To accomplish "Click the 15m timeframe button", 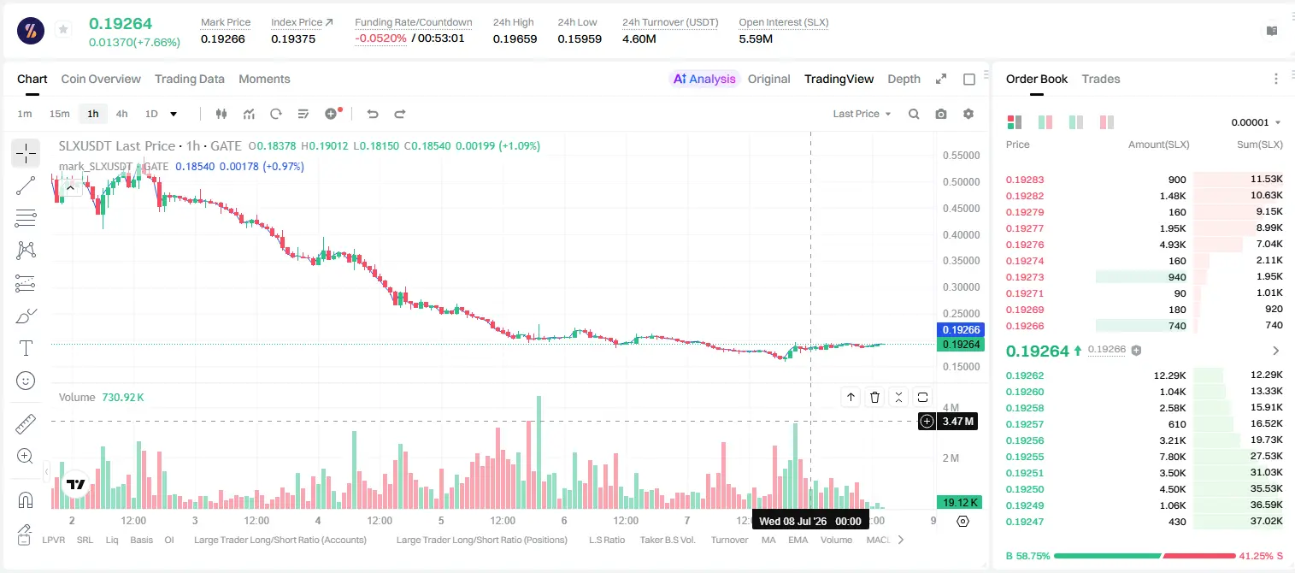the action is tap(60, 114).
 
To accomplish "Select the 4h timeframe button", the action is tap(121, 114).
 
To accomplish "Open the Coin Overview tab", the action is tap(101, 79).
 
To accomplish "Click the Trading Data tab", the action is tap(190, 79).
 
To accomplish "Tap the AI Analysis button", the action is tap(704, 79).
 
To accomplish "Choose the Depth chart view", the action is tap(904, 79).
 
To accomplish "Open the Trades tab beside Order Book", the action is tap(1101, 79).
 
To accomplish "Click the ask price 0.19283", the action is tap(1024, 180).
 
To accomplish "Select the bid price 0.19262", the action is tap(1024, 375).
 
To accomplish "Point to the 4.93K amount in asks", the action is tap(1173, 245).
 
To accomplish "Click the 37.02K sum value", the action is tap(1266, 521).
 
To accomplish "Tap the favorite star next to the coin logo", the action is tap(63, 29).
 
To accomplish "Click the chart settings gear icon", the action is tap(968, 114).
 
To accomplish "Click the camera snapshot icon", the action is tap(941, 114).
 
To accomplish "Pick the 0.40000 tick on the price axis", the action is tap(962, 234).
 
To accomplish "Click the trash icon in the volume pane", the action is tap(874, 397).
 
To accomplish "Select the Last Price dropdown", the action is tap(862, 114).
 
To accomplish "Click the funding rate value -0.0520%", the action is tap(380, 38).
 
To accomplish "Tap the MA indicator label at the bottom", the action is tap(768, 540).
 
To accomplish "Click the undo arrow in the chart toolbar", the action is tap(373, 114).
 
